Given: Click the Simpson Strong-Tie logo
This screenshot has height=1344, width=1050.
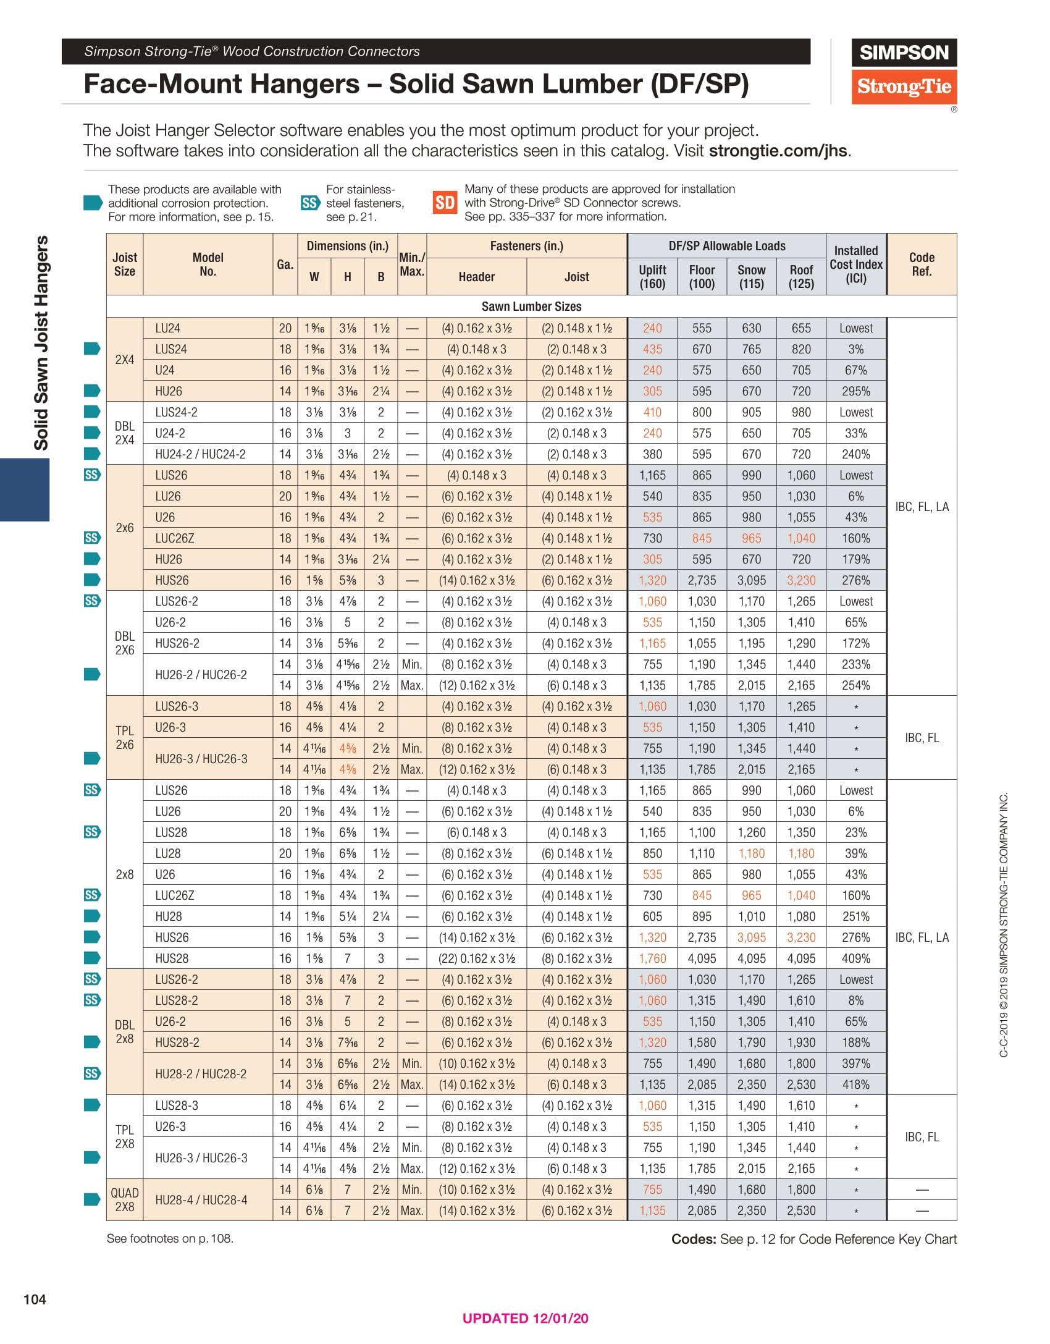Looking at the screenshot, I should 904,72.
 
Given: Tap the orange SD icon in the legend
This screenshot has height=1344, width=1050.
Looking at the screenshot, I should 445,203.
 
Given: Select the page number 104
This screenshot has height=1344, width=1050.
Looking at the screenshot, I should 35,1299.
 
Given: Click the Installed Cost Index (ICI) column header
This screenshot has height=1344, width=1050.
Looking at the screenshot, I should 856,264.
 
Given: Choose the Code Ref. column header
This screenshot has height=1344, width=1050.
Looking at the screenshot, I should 922,264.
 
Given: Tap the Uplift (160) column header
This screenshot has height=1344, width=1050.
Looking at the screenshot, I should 652,277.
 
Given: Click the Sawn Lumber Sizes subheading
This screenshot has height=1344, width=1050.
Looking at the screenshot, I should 531,306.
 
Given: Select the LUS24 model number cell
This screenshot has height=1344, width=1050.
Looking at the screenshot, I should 171,349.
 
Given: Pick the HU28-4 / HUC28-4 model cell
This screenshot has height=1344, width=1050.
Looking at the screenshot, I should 201,1200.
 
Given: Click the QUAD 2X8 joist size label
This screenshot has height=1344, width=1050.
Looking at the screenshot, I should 125,1200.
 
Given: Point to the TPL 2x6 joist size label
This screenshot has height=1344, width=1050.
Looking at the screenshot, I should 125,738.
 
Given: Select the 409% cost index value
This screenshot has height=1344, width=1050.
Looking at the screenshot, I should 856,958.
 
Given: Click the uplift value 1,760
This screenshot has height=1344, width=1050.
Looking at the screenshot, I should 652,958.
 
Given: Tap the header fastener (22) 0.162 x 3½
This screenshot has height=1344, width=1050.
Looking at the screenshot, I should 476,958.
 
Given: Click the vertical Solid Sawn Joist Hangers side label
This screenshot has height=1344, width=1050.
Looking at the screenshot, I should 41,343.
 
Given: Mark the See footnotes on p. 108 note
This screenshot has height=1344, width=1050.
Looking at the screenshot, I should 170,1238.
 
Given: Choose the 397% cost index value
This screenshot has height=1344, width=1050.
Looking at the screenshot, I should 856,1063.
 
